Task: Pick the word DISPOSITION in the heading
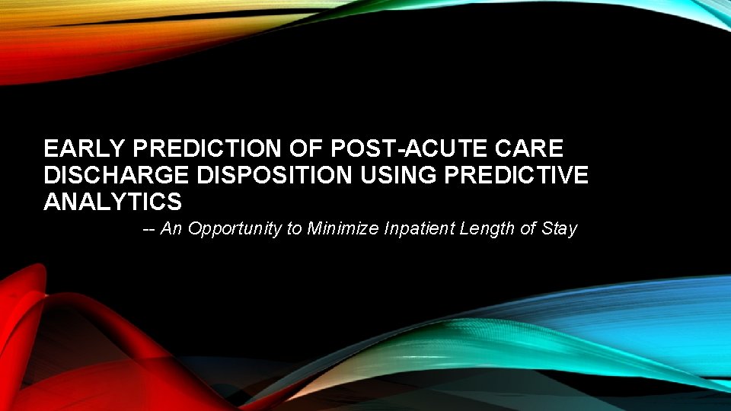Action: (x=274, y=176)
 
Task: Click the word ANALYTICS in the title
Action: (x=113, y=202)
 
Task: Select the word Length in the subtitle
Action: (x=487, y=228)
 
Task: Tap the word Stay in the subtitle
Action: (x=560, y=228)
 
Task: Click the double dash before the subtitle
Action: (x=149, y=228)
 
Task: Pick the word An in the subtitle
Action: (x=171, y=228)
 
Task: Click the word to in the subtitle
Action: (x=295, y=228)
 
